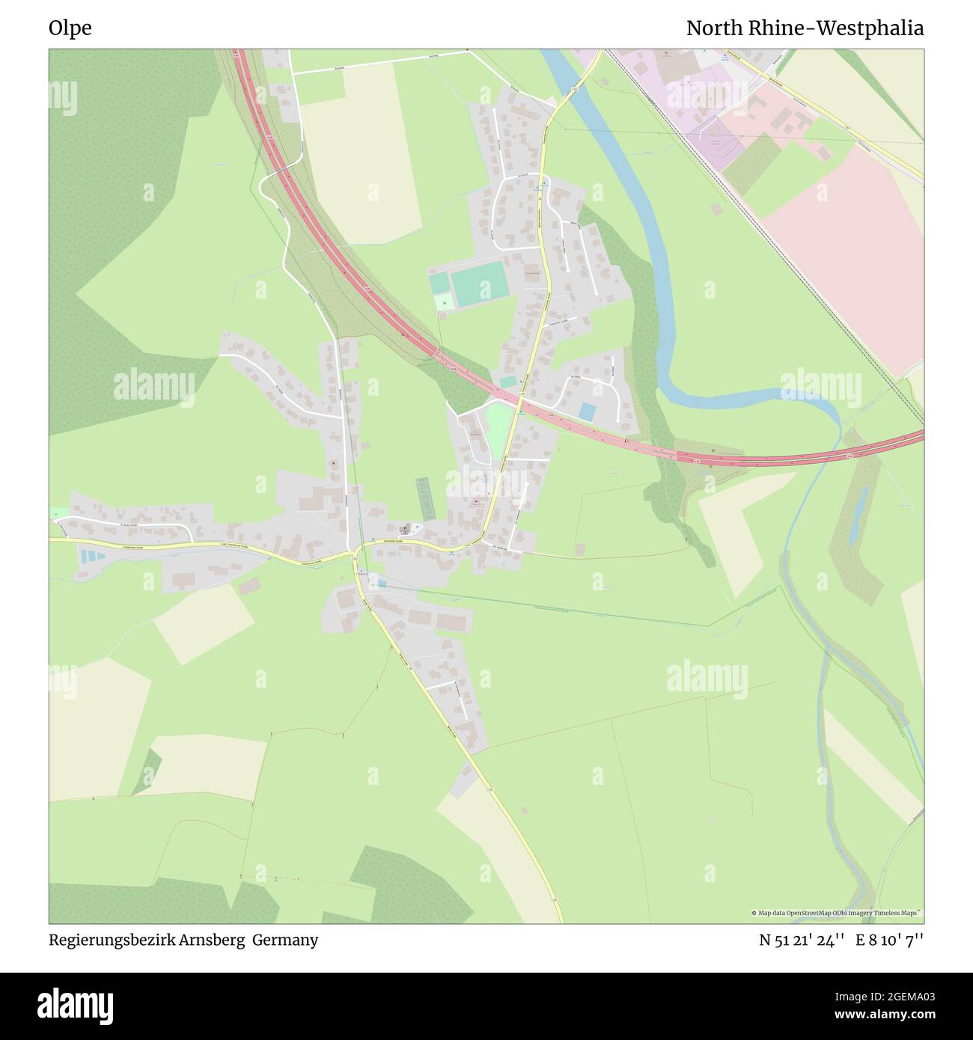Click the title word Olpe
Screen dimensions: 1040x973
pos(70,28)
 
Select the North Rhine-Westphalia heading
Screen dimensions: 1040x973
pos(805,28)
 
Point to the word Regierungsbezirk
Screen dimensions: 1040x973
pos(112,940)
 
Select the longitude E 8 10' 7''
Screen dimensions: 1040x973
pos(891,940)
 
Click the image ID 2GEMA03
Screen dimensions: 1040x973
pos(899,996)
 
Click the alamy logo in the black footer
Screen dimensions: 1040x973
pos(75,1004)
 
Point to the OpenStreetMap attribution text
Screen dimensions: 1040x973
pos(836,913)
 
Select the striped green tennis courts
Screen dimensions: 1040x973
pos(425,498)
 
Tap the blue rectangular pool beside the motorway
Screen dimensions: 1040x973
pos(588,412)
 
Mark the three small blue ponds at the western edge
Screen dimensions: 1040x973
pos(89,557)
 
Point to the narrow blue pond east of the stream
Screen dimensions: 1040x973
pos(857,516)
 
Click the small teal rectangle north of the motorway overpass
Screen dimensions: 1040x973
pos(508,382)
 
